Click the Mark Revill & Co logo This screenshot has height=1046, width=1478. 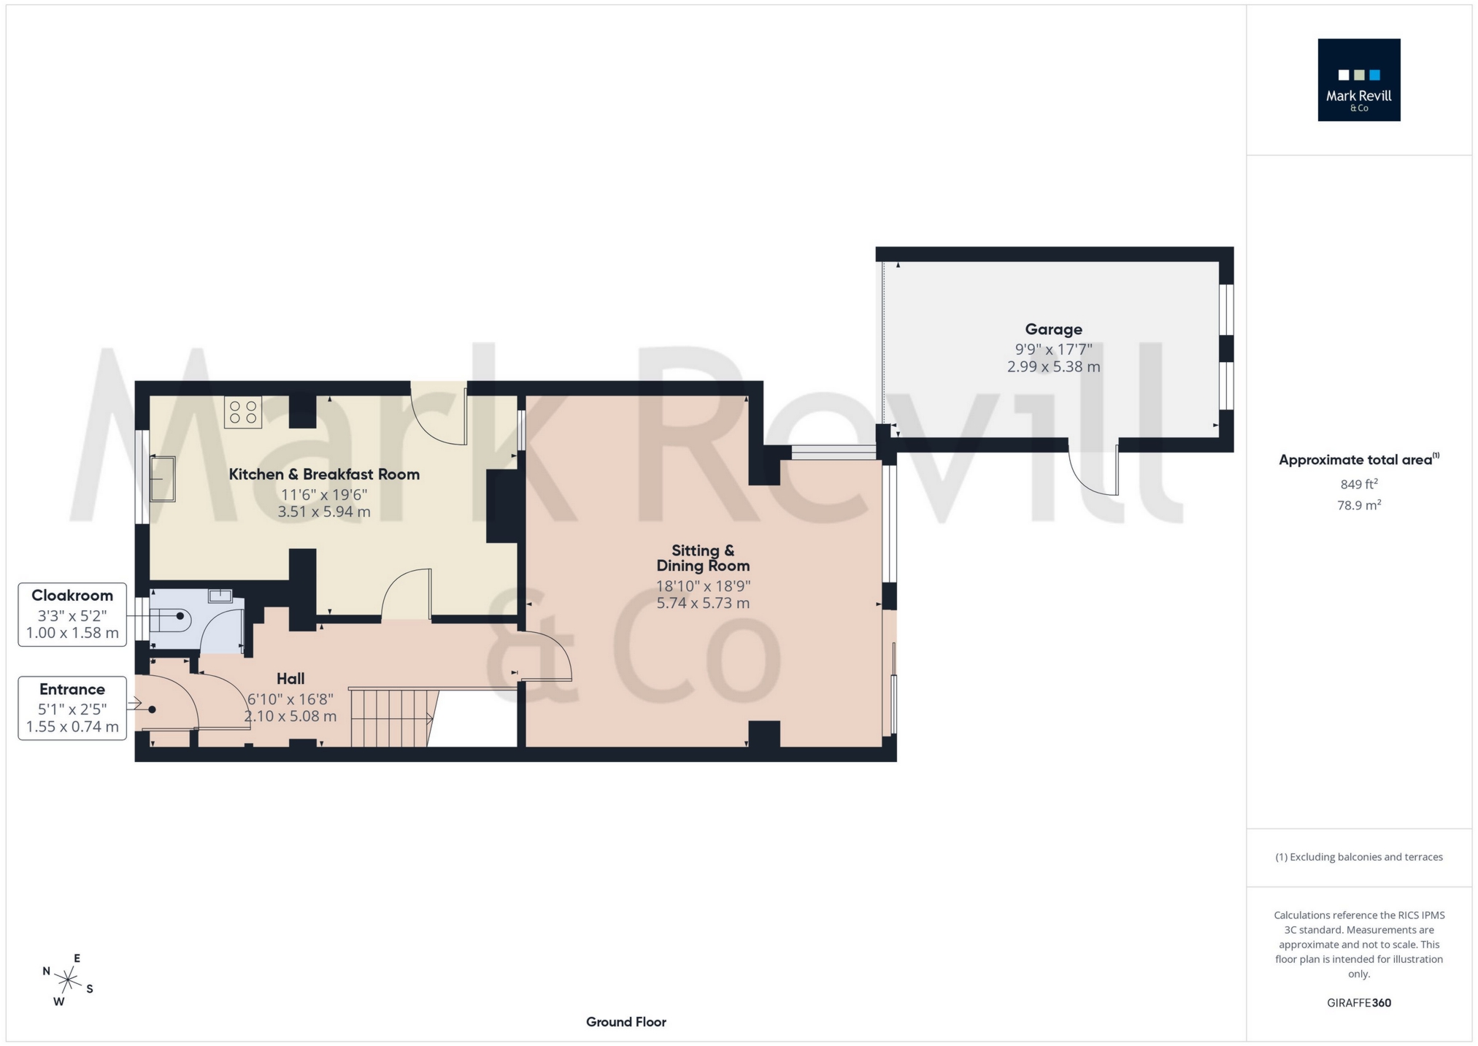point(1358,80)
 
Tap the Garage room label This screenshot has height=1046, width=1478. point(1052,329)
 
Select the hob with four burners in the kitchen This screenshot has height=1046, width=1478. point(243,412)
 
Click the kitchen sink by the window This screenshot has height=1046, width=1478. point(163,478)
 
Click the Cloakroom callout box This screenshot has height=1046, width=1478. point(72,614)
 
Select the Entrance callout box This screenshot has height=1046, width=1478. point(72,707)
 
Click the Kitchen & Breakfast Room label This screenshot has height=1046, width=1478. point(324,474)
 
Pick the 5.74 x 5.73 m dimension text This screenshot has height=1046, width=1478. point(702,603)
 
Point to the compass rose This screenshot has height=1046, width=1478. point(68,980)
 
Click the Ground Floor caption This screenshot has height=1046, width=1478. point(626,1022)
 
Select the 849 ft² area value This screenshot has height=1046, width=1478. point(1358,484)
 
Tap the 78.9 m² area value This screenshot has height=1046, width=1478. point(1358,505)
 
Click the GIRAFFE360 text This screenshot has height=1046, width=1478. point(1358,1003)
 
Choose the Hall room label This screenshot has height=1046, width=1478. point(290,679)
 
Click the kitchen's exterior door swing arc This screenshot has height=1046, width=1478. point(439,420)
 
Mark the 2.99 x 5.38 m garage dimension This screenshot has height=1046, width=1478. point(1052,367)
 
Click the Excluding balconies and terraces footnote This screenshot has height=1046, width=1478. point(1358,857)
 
